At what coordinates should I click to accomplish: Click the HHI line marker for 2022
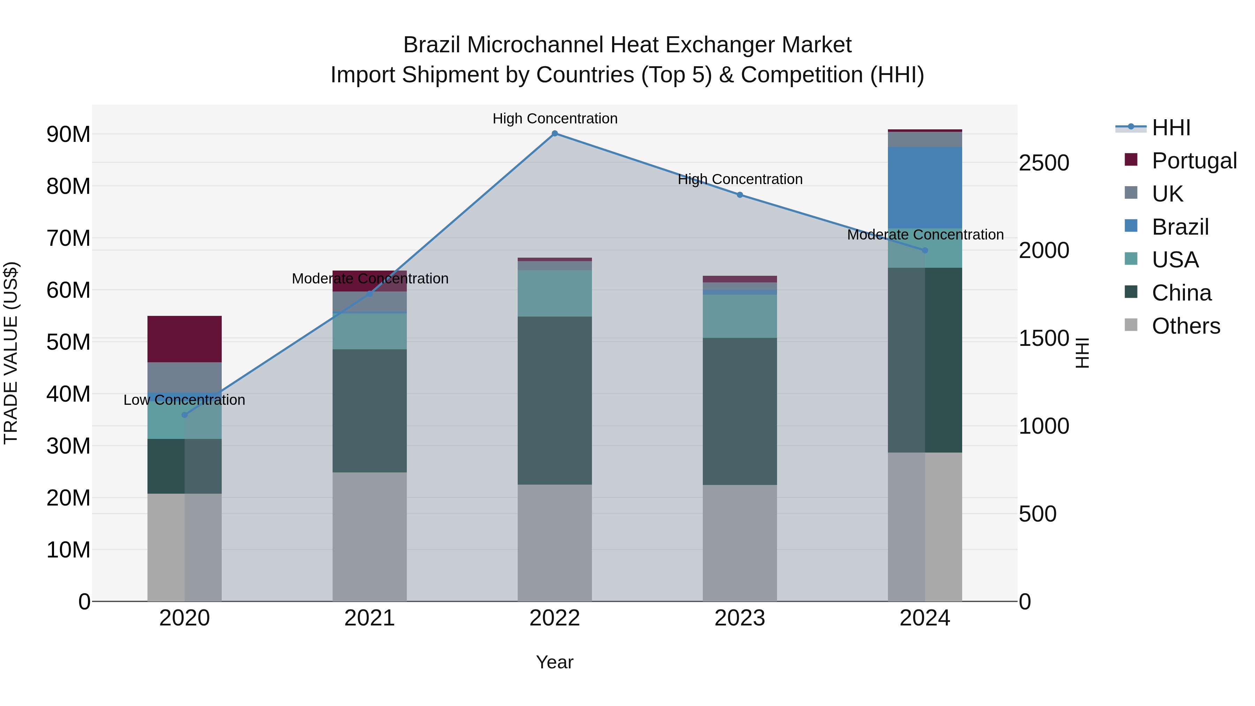tap(554, 134)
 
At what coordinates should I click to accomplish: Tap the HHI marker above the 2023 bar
tap(739, 195)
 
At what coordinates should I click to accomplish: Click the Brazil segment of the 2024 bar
tap(925, 188)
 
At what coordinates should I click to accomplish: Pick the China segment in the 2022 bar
tap(554, 401)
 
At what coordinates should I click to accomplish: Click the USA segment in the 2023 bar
tap(739, 316)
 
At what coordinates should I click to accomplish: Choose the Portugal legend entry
tap(1194, 161)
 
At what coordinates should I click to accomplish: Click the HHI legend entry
tap(1171, 128)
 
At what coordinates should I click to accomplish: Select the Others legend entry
tap(1185, 326)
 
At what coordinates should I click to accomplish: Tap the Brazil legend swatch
tap(1131, 226)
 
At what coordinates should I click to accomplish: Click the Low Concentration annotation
tap(184, 400)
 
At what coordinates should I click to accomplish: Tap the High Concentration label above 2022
tap(555, 119)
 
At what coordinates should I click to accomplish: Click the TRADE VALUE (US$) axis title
tap(11, 353)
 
